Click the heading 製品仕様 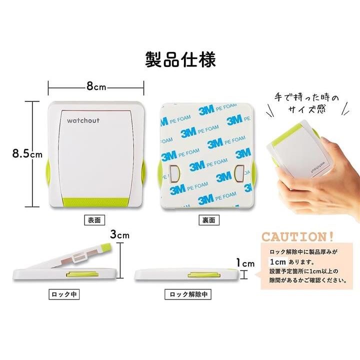click(x=180, y=59)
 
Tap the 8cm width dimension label click(x=96, y=86)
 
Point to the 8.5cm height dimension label click(x=27, y=153)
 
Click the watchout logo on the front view click(x=83, y=120)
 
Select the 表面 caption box click(x=94, y=220)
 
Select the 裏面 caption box click(x=209, y=220)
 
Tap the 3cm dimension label click(x=119, y=234)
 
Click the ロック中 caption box click(x=64, y=294)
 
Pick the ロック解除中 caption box click(x=188, y=294)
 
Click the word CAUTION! click(x=297, y=237)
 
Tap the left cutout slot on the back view click(x=174, y=173)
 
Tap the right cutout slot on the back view click(x=239, y=173)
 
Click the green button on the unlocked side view click(x=204, y=275)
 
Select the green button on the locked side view click(x=82, y=274)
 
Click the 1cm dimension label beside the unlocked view click(x=245, y=263)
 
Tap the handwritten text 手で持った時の click(x=306, y=98)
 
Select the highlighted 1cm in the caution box click(x=278, y=262)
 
